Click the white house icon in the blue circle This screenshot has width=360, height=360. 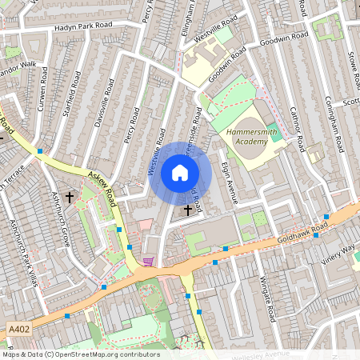coord(180,173)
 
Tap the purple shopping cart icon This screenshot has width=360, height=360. coord(147,261)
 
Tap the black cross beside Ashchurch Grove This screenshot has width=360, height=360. coord(70,196)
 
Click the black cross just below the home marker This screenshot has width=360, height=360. coord(189,210)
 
